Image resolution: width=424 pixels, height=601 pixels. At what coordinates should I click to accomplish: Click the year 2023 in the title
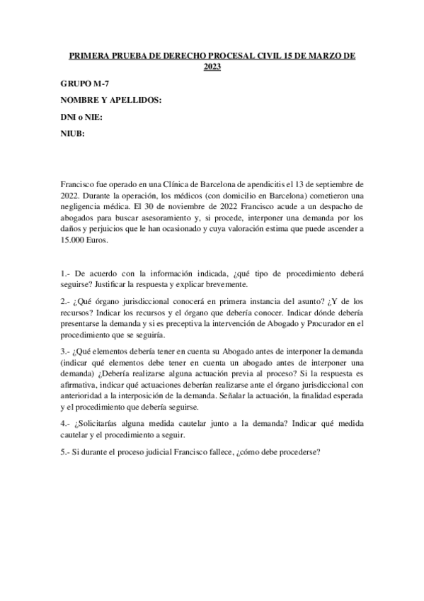[x=212, y=67]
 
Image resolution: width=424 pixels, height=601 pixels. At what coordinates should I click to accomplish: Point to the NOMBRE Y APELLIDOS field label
[x=112, y=101]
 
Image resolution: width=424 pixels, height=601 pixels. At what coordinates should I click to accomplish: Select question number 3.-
[x=66, y=352]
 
